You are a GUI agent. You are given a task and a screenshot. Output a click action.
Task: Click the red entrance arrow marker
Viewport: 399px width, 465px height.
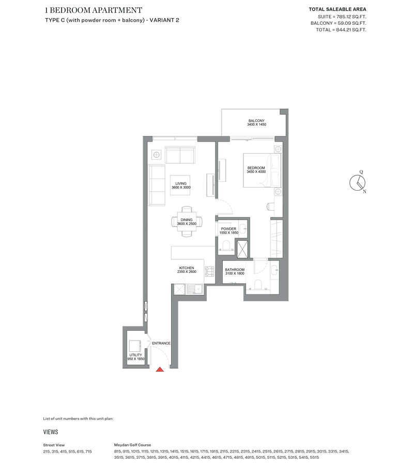click(160, 369)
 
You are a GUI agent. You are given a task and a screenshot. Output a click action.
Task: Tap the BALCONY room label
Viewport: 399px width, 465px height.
click(256, 121)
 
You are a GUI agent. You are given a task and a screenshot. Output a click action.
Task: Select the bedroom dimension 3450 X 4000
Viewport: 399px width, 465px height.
click(256, 172)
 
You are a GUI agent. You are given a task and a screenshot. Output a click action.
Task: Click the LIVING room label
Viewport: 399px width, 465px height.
click(181, 183)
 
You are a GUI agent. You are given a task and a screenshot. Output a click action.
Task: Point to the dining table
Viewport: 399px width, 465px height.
click(187, 221)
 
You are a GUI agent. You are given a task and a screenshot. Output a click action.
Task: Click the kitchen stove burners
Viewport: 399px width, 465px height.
click(210, 271)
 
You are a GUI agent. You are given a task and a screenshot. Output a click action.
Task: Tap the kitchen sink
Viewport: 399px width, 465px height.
click(195, 289)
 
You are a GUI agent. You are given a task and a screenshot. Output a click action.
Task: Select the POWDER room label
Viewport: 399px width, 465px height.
click(229, 229)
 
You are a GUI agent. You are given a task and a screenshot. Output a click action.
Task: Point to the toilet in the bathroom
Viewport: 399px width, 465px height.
click(258, 284)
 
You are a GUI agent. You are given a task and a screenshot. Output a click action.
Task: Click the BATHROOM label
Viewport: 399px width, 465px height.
click(235, 270)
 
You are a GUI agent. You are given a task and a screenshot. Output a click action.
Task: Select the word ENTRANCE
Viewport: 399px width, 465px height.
click(161, 343)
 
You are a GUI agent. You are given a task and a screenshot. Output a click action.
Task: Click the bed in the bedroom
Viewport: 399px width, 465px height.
click(262, 170)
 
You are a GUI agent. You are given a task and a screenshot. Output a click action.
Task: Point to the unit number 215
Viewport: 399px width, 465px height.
click(47, 452)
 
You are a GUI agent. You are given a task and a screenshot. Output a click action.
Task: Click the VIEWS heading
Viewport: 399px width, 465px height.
click(51, 432)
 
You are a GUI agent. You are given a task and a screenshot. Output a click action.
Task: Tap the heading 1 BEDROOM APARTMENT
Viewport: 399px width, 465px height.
click(94, 10)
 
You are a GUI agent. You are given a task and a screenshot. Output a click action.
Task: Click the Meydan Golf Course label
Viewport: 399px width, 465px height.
click(133, 445)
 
